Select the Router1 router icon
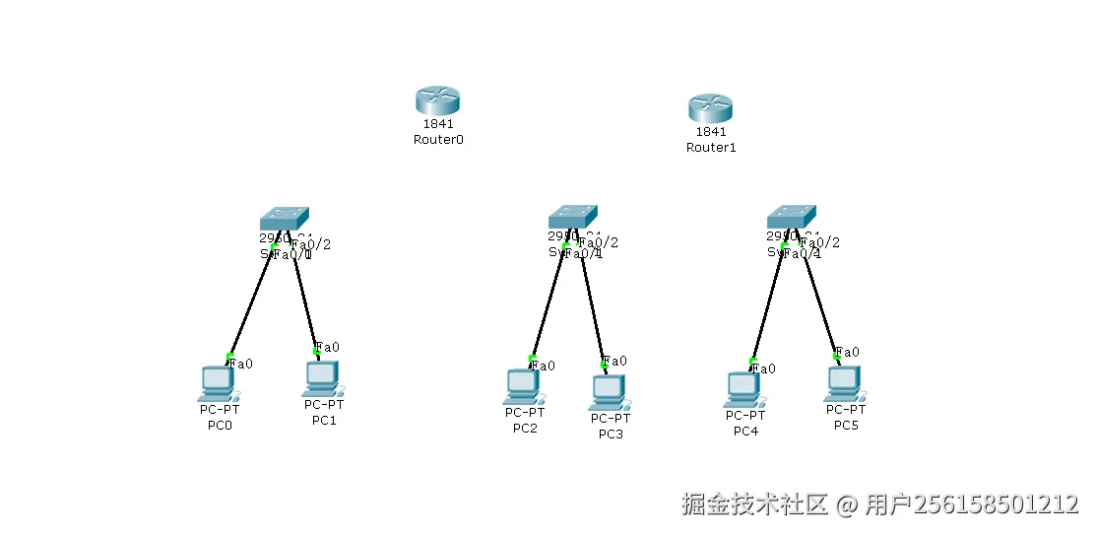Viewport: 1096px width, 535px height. click(710, 107)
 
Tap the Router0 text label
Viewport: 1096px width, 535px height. click(438, 140)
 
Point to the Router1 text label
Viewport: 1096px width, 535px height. click(711, 148)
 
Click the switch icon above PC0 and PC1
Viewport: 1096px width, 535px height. click(284, 218)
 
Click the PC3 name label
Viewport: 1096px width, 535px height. click(611, 435)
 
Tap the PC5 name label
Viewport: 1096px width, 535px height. click(846, 426)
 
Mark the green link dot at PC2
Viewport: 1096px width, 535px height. click(532, 359)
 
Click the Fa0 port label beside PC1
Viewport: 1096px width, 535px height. click(329, 347)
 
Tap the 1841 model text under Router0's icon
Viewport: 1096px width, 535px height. click(437, 124)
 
